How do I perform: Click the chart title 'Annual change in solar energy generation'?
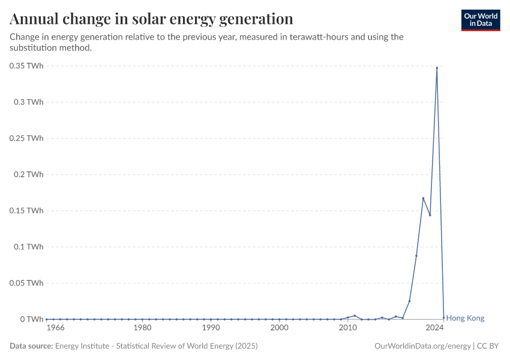tap(151, 19)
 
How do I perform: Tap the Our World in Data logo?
tap(480, 20)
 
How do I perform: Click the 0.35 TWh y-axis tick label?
tap(26, 66)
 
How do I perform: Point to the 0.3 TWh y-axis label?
tap(29, 102)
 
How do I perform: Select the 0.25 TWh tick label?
tap(26, 138)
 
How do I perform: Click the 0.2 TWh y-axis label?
tap(29, 175)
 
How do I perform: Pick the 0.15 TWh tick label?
tap(26, 211)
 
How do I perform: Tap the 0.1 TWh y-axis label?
tap(29, 247)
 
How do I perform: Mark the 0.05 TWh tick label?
tap(26, 283)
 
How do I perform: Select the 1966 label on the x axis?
tap(55, 328)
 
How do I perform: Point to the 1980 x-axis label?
tap(142, 328)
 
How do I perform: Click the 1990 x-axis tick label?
tap(211, 328)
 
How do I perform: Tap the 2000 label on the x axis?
tap(279, 328)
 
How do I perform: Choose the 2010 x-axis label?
tap(348, 328)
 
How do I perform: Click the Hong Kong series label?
tap(466, 319)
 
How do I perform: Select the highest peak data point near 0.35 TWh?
tap(437, 68)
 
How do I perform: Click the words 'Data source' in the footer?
tap(31, 346)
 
